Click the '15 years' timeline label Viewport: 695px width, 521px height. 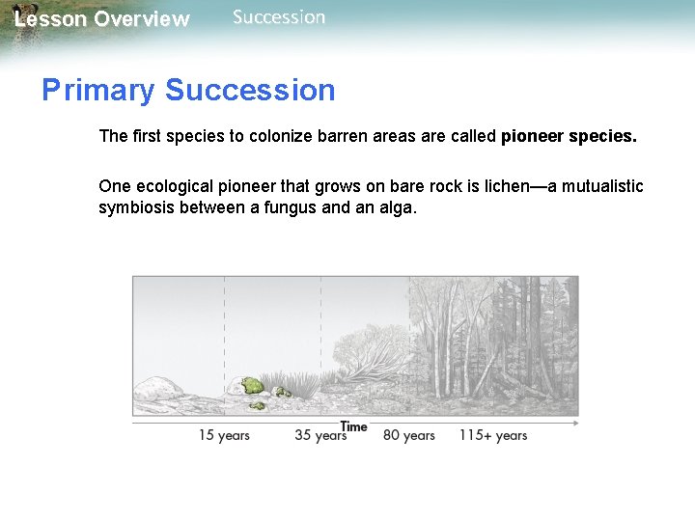pos(224,435)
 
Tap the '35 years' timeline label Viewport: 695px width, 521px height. pos(320,435)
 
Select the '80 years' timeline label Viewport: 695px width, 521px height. pos(408,435)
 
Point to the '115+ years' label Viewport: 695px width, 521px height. pos(492,435)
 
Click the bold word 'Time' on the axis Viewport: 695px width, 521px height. pos(354,425)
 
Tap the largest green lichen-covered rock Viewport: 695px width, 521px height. pos(251,386)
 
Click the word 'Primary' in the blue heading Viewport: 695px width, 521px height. pos(97,91)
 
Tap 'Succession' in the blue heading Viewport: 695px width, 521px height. pos(250,91)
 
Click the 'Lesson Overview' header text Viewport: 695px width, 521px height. pos(102,19)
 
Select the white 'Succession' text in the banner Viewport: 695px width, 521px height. pos(279,17)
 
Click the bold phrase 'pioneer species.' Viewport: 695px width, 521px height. pos(569,136)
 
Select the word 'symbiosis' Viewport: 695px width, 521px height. pos(134,208)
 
